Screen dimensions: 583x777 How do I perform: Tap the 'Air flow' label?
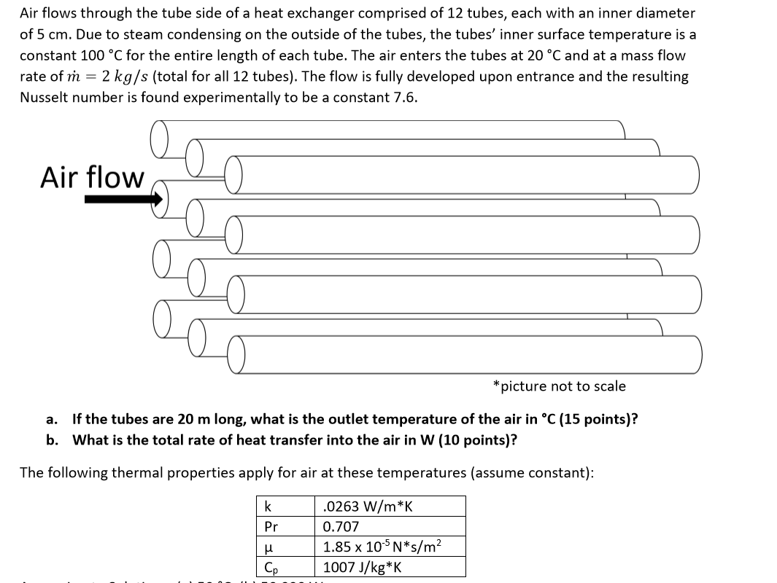click(x=93, y=177)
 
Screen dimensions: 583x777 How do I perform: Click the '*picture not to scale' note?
click(x=559, y=386)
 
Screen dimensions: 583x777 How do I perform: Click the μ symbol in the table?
click(x=269, y=547)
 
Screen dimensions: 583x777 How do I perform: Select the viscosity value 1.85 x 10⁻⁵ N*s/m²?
click(x=383, y=547)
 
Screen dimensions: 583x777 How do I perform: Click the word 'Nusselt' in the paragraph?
click(x=45, y=98)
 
